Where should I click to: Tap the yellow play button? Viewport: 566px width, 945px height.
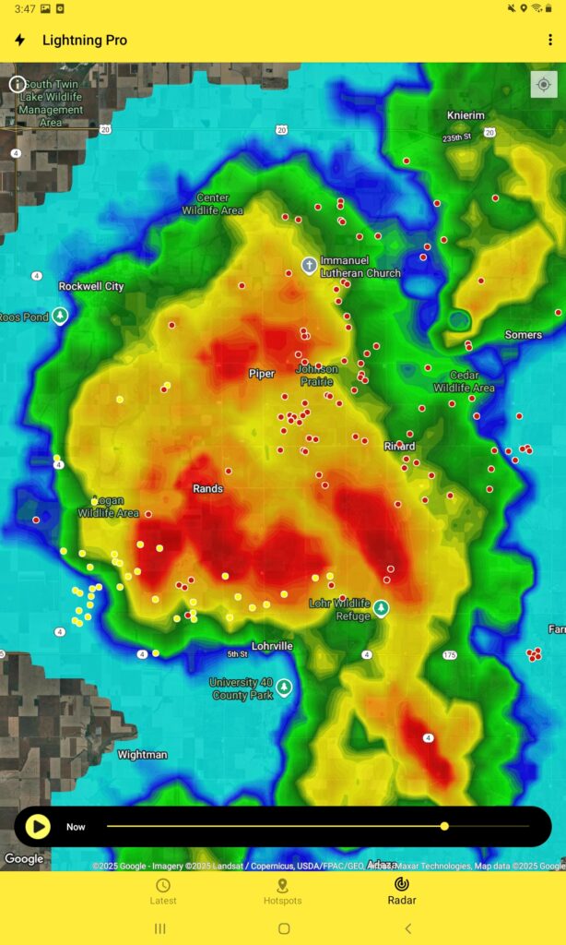tap(38, 826)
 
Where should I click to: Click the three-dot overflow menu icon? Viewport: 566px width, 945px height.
tap(550, 40)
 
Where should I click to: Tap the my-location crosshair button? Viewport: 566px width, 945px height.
tap(543, 84)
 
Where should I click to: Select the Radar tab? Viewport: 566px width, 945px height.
tap(401, 891)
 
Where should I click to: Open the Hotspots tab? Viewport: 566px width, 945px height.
tap(282, 891)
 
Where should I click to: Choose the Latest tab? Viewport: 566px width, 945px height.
tap(163, 891)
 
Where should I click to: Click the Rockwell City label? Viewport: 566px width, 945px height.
tap(91, 286)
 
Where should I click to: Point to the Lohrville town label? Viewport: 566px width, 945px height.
tap(272, 646)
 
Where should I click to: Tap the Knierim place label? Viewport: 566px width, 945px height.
tap(466, 115)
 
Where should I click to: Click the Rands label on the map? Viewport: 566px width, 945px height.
tap(207, 488)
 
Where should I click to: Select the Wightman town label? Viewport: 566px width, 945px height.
tap(143, 755)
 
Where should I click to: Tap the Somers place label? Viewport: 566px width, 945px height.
tap(523, 335)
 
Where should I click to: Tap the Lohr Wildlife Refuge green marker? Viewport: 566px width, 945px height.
tap(380, 608)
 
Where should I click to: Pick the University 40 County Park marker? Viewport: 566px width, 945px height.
tap(284, 687)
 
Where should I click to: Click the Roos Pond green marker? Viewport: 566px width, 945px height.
tap(60, 317)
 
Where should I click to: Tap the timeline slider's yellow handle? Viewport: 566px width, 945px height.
tap(444, 826)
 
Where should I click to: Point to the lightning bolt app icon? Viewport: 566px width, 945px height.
tap(19, 40)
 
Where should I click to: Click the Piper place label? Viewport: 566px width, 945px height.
tap(262, 374)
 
